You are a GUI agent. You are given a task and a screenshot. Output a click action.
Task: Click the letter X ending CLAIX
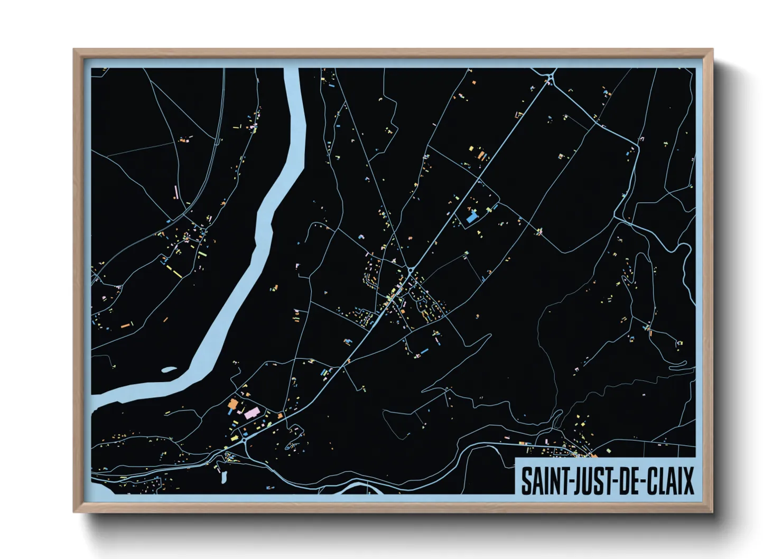pyautogui.click(x=687, y=481)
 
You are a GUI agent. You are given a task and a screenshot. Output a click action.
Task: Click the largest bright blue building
pyautogui.click(x=471, y=217)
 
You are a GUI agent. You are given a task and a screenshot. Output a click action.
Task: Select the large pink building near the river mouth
pyautogui.click(x=252, y=413)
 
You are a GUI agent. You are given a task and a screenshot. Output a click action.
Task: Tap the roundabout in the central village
pyautogui.click(x=411, y=271)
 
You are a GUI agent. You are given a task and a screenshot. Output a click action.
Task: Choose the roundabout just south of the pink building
pyautogui.click(x=245, y=439)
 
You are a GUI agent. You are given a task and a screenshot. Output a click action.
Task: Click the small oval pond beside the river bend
pyautogui.click(x=169, y=370)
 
